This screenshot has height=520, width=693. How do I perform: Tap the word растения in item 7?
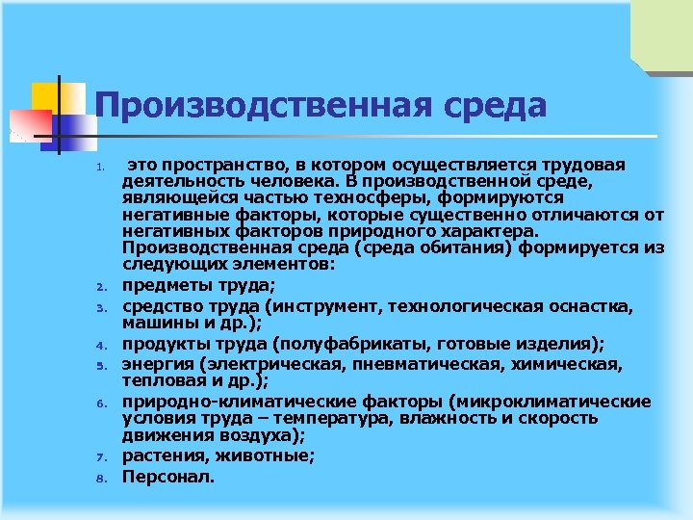[160, 456]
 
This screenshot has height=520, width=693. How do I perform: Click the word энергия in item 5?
[157, 365]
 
